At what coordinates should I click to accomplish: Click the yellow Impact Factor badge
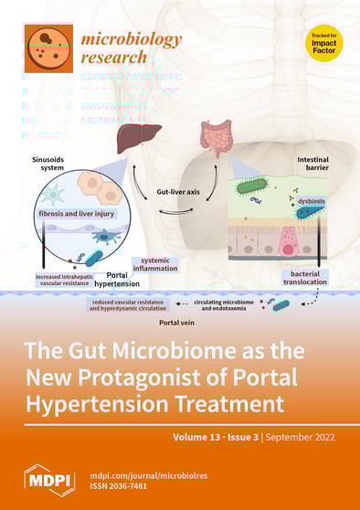pyautogui.click(x=324, y=43)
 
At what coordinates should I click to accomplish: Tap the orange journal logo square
pyautogui.click(x=49, y=48)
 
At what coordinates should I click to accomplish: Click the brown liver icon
pyautogui.click(x=138, y=140)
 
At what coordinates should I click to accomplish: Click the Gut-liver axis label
pyautogui.click(x=179, y=195)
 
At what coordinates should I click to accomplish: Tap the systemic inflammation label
pyautogui.click(x=160, y=263)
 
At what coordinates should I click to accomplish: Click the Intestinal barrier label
pyautogui.click(x=313, y=164)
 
